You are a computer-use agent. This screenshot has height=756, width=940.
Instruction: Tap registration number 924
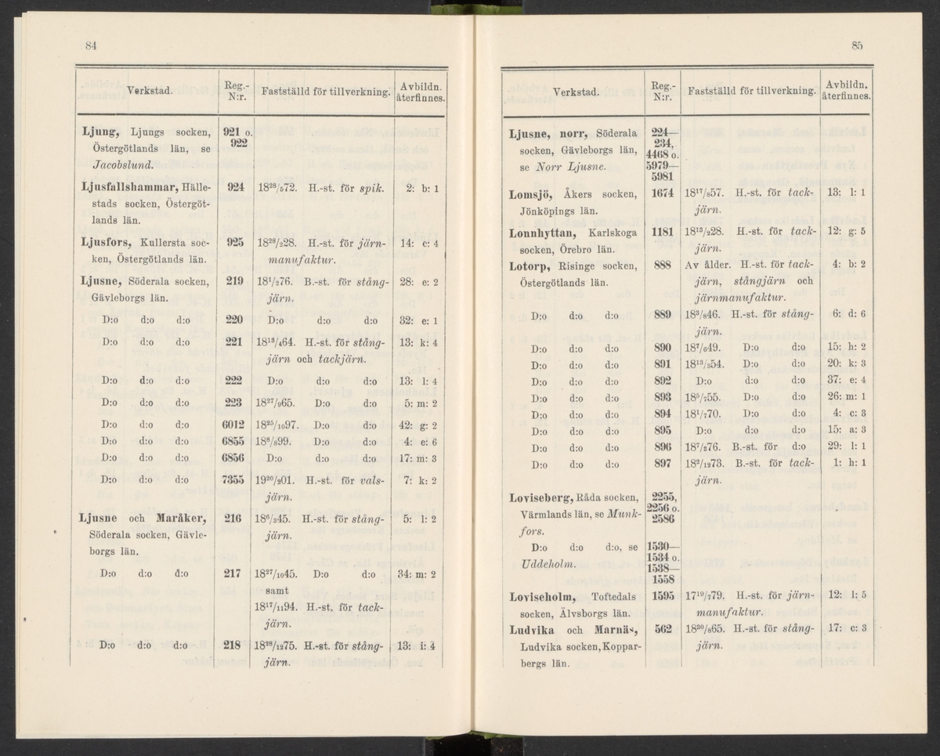[x=234, y=189]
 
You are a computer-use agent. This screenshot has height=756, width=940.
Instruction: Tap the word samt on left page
[x=262, y=590]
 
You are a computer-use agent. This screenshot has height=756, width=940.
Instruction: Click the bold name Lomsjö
[x=531, y=194]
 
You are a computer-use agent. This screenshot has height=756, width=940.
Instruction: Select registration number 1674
[x=664, y=194]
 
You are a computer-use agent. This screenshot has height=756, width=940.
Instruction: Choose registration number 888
[x=664, y=266]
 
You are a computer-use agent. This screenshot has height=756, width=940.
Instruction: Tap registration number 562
[x=664, y=630]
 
